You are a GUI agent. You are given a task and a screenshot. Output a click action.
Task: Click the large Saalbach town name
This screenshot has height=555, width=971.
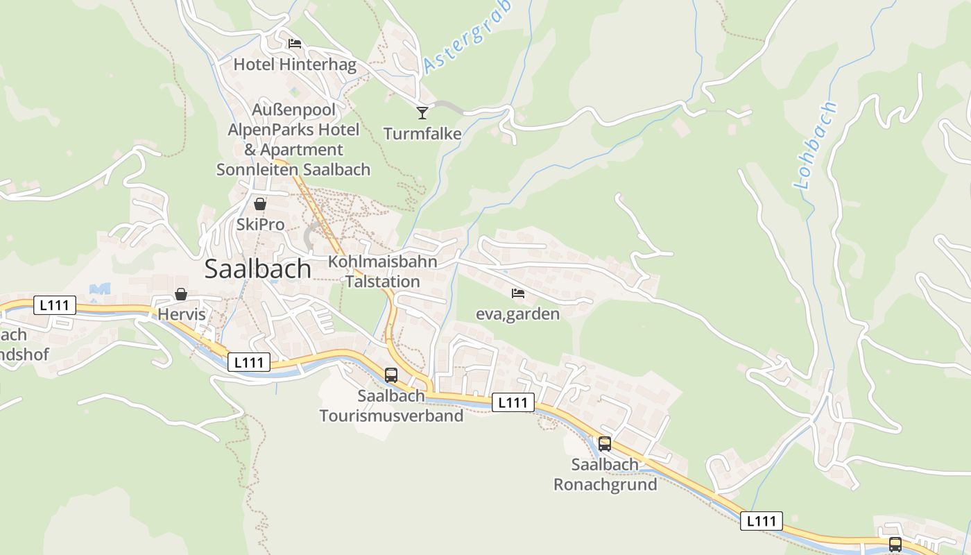point(257,269)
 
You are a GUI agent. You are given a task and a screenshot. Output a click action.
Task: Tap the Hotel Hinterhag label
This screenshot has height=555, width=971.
point(295,65)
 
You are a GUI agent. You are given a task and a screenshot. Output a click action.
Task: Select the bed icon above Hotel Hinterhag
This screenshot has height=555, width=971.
point(295,44)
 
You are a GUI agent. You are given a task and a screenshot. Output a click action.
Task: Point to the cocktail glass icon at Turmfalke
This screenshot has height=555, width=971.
point(422,112)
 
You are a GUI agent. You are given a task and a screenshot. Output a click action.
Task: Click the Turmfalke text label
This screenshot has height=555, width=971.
point(422,134)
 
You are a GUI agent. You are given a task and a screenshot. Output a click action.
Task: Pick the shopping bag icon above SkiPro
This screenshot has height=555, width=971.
point(260,204)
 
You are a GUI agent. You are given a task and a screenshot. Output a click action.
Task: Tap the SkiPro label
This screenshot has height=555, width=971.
point(260,224)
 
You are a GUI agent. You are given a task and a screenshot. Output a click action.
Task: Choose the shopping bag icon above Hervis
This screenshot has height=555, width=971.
point(181,294)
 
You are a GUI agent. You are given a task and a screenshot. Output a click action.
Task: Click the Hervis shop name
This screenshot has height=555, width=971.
point(182,314)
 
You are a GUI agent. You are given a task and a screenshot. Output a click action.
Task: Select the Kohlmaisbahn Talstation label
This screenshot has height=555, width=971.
point(383,271)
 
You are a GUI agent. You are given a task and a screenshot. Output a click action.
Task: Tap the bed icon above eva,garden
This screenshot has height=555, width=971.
point(518,293)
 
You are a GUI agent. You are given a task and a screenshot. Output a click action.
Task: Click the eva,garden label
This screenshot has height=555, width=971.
point(517,314)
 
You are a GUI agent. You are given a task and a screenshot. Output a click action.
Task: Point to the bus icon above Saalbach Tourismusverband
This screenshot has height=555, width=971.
point(391,375)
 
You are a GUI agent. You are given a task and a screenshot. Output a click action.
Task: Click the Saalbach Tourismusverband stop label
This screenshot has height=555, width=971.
point(391,406)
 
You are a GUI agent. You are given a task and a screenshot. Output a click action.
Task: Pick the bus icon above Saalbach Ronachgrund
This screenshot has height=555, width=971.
point(605,444)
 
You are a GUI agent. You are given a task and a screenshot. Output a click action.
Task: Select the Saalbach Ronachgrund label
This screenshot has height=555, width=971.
point(605,475)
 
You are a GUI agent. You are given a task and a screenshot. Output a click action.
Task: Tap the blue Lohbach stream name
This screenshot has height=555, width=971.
point(816,145)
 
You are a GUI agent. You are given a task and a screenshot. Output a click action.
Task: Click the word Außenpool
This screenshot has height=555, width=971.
point(293,110)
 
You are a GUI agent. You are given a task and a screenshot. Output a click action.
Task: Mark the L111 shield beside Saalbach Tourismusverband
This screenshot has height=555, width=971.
point(513,402)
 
